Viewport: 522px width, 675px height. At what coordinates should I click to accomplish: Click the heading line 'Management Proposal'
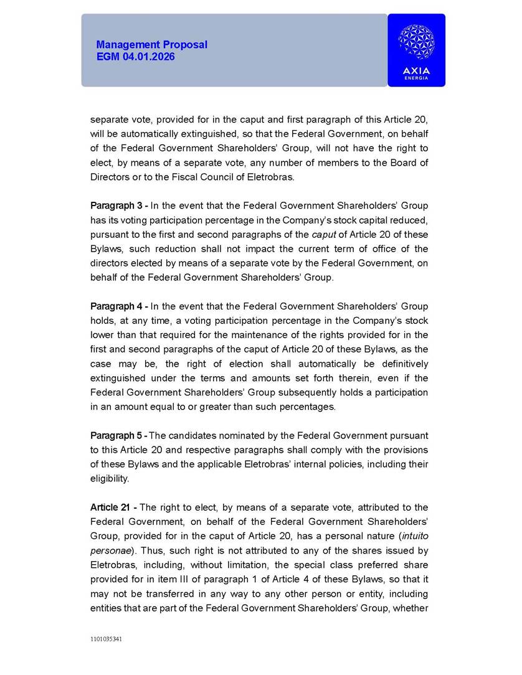151,45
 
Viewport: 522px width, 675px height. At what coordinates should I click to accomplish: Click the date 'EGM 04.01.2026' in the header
136,57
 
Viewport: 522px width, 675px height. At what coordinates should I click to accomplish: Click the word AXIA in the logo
416,70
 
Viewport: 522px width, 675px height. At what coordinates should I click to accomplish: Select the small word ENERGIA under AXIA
416,78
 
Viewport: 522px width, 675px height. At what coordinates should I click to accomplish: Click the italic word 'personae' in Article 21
109,551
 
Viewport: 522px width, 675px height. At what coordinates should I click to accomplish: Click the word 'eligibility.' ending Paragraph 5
110,479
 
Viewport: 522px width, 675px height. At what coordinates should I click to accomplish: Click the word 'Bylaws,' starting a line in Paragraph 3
106,249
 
